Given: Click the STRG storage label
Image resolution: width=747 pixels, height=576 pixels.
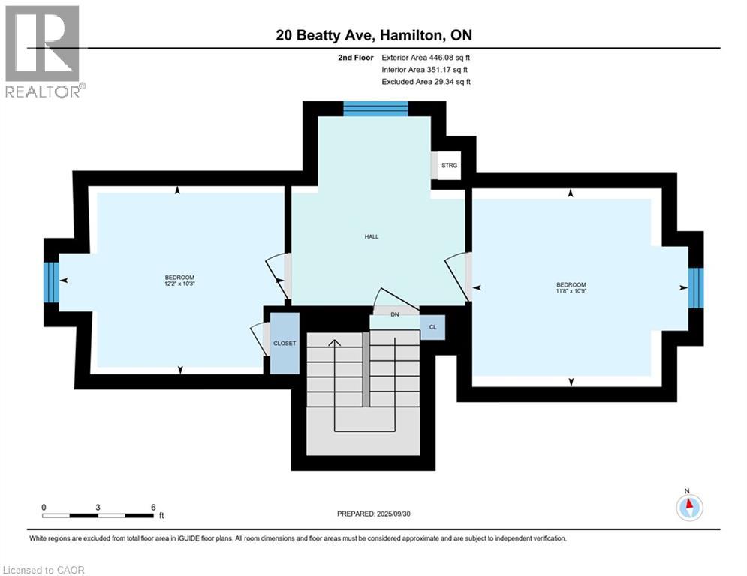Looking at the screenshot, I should click(x=449, y=166).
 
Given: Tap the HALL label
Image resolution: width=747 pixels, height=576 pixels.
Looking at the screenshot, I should click(x=372, y=236).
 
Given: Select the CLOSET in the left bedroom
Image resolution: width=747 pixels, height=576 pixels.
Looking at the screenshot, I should click(x=285, y=343).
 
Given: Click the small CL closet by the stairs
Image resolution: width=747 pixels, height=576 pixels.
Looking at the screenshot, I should click(x=432, y=327).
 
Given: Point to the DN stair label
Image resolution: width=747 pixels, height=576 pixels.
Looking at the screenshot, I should click(x=394, y=314).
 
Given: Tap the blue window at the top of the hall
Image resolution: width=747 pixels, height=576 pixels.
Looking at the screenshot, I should click(x=375, y=109).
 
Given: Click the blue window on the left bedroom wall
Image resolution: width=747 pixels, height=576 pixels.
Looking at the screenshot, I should click(x=51, y=281).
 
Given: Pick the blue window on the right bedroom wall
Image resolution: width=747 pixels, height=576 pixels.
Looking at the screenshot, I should click(x=696, y=287).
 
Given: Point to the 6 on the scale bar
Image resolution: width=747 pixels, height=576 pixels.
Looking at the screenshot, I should click(x=153, y=507).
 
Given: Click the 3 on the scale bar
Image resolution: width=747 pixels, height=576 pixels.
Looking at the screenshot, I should click(x=98, y=507).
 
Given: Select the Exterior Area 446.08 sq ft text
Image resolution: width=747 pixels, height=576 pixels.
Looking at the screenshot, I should click(x=426, y=57).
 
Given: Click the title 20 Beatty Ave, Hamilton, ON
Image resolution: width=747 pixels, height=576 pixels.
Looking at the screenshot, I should click(x=373, y=35).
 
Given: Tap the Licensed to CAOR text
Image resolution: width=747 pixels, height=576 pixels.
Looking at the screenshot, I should click(x=44, y=570).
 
